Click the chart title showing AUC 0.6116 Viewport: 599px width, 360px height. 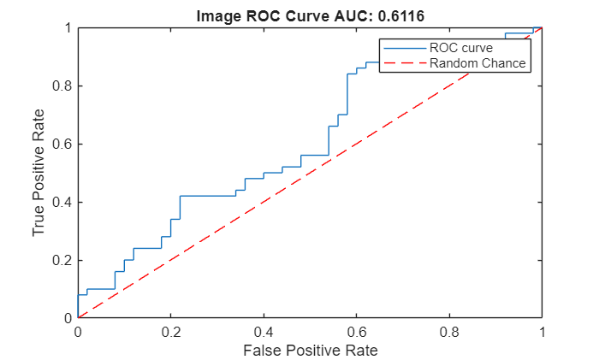point(310,15)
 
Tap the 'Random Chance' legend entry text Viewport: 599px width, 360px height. point(477,63)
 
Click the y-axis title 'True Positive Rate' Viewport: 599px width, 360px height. point(39,174)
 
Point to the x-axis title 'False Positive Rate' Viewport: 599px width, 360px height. point(310,350)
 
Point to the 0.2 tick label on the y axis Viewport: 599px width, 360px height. point(62,260)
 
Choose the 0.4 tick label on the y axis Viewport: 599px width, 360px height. point(62,202)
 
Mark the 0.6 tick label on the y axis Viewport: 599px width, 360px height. point(62,144)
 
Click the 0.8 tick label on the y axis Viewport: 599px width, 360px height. point(62,86)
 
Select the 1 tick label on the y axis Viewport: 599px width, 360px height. point(68,27)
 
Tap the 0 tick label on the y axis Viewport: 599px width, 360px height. point(68,318)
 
